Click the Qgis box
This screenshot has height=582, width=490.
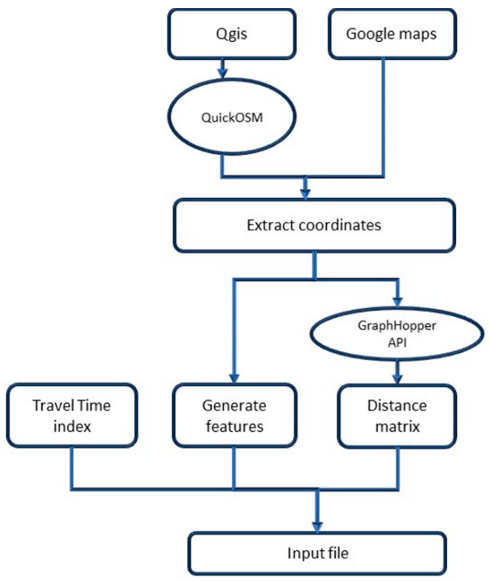[232, 34]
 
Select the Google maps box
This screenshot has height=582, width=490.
[392, 34]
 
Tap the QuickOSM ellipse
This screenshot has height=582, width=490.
[232, 117]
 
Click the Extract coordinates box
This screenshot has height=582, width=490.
[314, 225]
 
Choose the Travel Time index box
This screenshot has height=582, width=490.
[72, 416]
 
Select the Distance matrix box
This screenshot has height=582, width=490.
[397, 416]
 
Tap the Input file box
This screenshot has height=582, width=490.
[317, 553]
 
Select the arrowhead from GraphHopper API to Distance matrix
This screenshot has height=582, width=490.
[397, 378]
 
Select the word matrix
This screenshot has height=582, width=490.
[397, 426]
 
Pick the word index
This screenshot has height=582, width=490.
[72, 426]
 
